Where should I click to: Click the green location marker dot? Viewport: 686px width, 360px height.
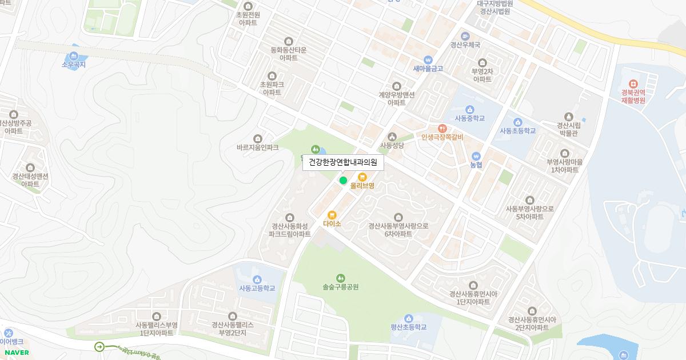coord(343,181)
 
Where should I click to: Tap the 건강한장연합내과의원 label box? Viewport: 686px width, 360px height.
coord(343,162)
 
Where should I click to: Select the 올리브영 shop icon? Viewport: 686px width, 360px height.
coord(362,177)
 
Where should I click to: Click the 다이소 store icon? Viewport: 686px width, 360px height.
coord(332,215)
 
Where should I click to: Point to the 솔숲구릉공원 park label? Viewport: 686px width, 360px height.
coord(341,287)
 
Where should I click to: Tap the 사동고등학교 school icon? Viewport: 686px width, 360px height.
coord(257,279)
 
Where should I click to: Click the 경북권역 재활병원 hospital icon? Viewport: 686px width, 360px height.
coord(633,84)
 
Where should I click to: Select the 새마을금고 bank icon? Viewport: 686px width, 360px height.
coord(428,60)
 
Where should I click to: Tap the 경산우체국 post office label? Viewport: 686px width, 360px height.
coord(465,45)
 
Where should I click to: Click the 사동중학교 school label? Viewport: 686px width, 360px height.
coord(469,118)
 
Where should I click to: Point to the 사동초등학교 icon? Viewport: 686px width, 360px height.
coord(518,122)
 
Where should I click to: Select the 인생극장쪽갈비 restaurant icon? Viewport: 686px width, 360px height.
coord(442,129)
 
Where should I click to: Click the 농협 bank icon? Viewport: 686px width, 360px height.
coord(476,157)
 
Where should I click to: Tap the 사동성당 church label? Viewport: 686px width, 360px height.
coord(392,146)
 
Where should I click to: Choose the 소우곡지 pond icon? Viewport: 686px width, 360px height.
coord(73,56)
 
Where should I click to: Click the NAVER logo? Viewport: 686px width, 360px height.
coord(17,353)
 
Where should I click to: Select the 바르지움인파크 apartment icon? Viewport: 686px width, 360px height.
coord(258,138)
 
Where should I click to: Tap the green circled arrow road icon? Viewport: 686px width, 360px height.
coord(99,346)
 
